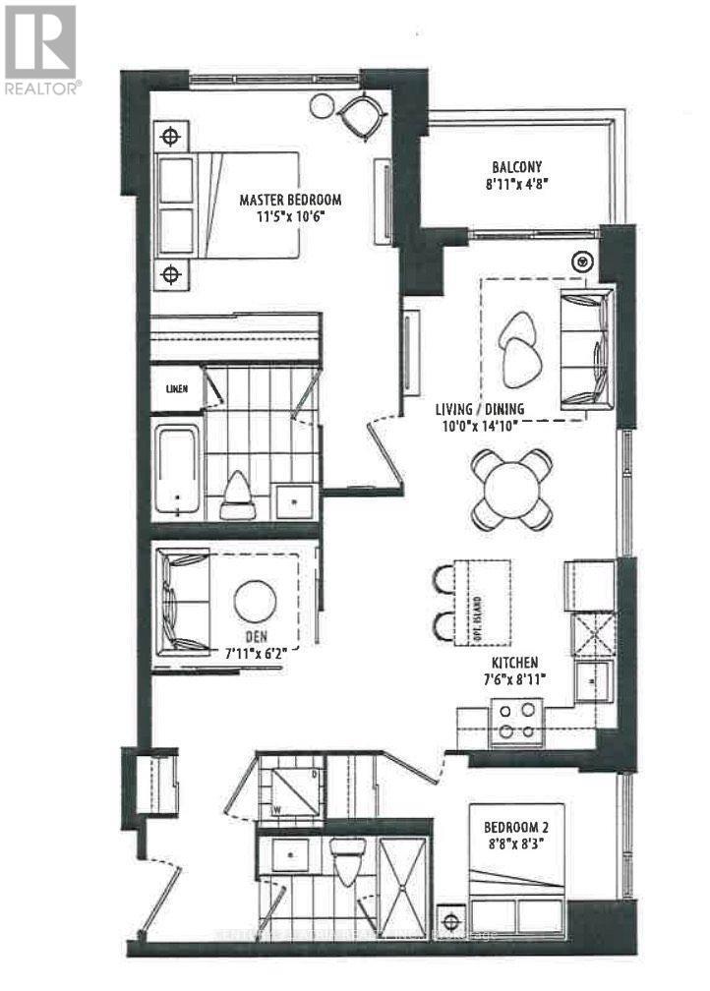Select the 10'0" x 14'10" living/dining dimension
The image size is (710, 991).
(481, 425)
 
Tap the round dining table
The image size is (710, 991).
(510, 489)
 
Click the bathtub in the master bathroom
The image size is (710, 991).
(177, 468)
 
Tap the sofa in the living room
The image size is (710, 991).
(586, 350)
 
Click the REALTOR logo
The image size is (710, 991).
(40, 49)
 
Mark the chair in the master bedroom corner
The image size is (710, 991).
(358, 117)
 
